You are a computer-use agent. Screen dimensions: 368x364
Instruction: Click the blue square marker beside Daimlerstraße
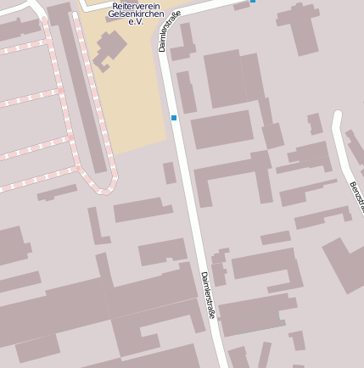coord(174,118)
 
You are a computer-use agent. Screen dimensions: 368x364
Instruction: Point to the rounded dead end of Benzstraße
coord(337,114)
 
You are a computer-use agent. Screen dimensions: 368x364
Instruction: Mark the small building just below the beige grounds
coord(170,173)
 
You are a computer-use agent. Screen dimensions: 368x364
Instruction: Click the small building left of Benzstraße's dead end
coord(315,124)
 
